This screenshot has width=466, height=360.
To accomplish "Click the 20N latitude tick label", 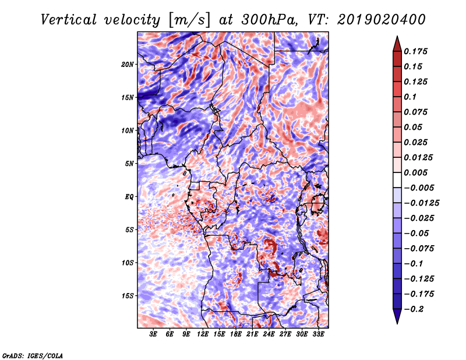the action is [x=128, y=65].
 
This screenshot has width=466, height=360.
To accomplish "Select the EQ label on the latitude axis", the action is [x=129, y=197].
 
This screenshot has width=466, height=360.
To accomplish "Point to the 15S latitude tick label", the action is [x=128, y=296].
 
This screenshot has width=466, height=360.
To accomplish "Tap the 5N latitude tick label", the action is [x=129, y=164].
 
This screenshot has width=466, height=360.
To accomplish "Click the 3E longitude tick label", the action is [x=153, y=334].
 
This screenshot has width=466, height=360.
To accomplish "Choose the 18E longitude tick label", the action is [x=236, y=334].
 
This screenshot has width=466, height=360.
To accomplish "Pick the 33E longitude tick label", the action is [x=318, y=334].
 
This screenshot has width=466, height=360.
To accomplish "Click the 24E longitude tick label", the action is [x=269, y=334].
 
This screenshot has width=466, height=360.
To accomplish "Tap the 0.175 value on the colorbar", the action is [x=415, y=51].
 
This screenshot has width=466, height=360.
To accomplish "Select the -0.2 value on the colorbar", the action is [x=414, y=309].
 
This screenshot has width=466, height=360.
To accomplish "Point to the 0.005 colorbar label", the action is [x=415, y=172].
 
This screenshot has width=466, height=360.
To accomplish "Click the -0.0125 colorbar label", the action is [x=421, y=203].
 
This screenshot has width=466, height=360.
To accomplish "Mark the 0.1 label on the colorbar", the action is [x=410, y=97].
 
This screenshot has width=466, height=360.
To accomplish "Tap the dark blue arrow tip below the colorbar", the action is [x=397, y=323].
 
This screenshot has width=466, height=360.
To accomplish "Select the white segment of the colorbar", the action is [x=397, y=180].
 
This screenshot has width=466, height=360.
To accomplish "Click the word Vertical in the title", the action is [x=69, y=20].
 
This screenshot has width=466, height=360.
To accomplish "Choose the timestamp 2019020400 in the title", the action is [x=381, y=20].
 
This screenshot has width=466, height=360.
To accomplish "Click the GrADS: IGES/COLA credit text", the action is [x=33, y=356].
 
